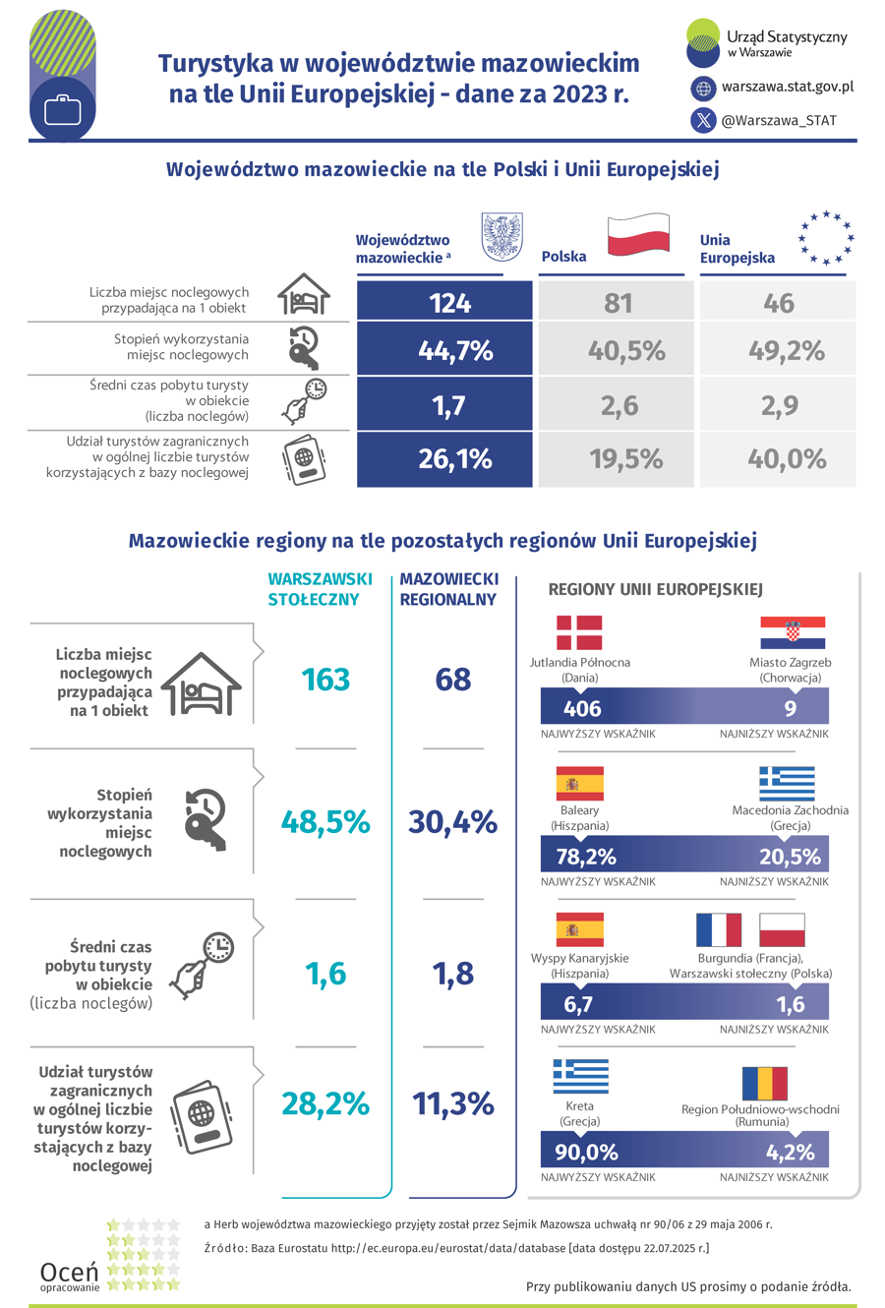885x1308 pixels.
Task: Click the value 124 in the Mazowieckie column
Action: tap(450, 303)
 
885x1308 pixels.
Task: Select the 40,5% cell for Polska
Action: tap(626, 350)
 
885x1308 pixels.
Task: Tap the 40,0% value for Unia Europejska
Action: tap(779, 459)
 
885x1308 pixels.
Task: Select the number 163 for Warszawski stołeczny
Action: tap(326, 680)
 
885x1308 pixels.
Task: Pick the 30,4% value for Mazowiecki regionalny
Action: tap(452, 822)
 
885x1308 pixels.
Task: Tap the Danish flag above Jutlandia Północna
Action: tap(579, 632)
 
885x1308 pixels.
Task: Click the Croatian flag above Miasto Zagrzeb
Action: tap(793, 632)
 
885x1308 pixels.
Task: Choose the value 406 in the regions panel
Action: tap(582, 708)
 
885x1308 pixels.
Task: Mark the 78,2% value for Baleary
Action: tap(586, 857)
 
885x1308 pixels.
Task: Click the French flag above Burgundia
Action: tap(719, 929)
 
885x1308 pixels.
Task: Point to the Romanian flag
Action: tap(764, 1084)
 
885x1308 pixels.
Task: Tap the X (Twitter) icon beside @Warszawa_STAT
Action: tap(704, 121)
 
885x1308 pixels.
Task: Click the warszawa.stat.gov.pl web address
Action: tap(787, 87)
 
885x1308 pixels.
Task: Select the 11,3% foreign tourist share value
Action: tap(452, 1103)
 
